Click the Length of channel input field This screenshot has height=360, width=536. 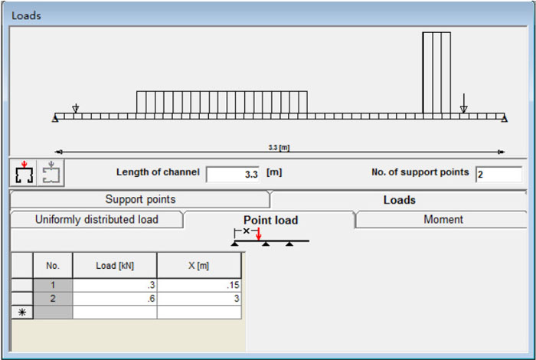[x=233, y=174]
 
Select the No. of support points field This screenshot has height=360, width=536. [x=498, y=174]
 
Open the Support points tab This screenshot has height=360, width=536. [x=140, y=199]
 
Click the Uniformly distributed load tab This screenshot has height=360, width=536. [x=96, y=219]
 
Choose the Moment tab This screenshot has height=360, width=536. [x=443, y=219]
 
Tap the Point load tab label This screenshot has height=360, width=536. [x=270, y=220]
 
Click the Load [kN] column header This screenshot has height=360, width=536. [x=115, y=266]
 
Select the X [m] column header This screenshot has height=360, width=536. [x=198, y=266]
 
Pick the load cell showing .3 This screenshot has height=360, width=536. [x=115, y=286]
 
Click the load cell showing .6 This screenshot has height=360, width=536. [x=115, y=299]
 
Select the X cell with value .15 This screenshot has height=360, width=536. [x=198, y=286]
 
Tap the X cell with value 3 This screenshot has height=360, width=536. [x=198, y=299]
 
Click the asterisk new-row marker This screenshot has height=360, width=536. [x=21, y=312]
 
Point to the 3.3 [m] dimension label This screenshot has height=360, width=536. [x=279, y=147]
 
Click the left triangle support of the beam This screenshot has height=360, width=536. [x=56, y=118]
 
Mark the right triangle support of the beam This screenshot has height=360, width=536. [x=503, y=118]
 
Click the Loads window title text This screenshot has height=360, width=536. [x=27, y=15]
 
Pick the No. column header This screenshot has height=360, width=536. [x=53, y=266]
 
